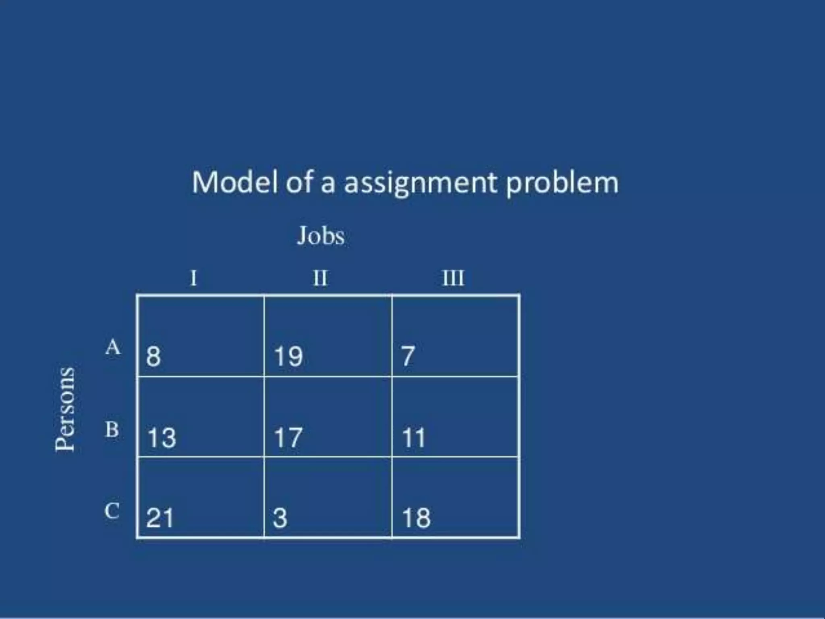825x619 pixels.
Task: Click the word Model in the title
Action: [235, 182]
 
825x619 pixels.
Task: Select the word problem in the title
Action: [562, 183]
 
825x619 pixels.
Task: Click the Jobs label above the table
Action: [321, 236]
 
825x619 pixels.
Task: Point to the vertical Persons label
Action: [65, 409]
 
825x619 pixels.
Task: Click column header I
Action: [194, 278]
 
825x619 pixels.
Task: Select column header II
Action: [321, 278]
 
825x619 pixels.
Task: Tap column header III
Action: [453, 278]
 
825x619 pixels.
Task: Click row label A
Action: [113, 347]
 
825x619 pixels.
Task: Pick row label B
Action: [112, 429]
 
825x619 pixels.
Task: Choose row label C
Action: [112, 511]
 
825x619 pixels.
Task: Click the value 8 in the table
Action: [153, 357]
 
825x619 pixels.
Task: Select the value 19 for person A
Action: [288, 357]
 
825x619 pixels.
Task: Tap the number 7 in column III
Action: [408, 357]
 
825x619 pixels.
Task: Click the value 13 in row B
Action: [162, 438]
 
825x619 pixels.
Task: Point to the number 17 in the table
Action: [288, 438]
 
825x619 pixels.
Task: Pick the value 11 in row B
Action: [414, 438]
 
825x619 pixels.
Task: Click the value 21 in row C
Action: [160, 518]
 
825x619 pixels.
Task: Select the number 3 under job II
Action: [280, 518]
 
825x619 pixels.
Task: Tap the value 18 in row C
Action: [416, 518]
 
